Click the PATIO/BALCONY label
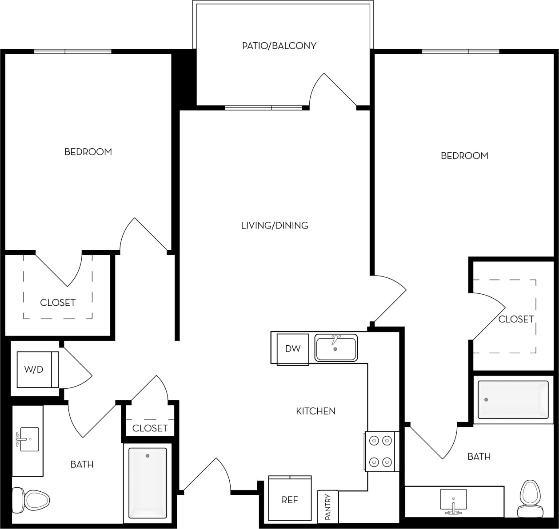279,46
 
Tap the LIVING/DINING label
274,225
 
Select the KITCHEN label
315,411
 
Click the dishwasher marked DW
293,349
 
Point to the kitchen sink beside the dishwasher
336,348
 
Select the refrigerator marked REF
290,499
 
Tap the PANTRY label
328,506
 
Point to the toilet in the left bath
31,500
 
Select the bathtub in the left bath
148,482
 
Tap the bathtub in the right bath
513,399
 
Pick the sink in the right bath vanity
453,500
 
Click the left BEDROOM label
88,152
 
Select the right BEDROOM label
464,156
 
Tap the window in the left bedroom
73,51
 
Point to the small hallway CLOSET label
150,428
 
